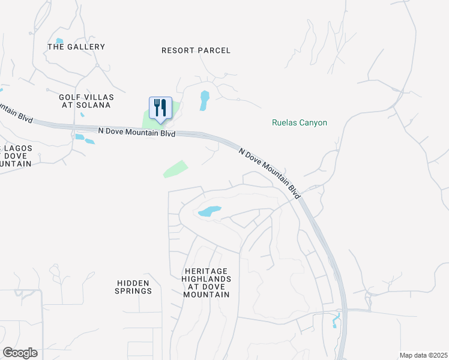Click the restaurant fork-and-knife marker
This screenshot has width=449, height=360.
(160, 108)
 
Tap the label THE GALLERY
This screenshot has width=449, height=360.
(76, 47)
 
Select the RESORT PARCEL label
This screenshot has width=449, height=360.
(196, 50)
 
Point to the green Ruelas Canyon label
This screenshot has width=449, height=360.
(300, 123)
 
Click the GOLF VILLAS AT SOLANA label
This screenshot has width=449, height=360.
(86, 101)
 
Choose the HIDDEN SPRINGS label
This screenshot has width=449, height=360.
(134, 287)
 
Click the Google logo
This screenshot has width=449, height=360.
(20, 353)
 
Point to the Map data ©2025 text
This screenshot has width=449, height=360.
(423, 355)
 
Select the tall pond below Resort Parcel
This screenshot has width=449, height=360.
(205, 100)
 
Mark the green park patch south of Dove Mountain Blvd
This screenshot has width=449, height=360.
(175, 169)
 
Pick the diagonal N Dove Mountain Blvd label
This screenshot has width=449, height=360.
(270, 170)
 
